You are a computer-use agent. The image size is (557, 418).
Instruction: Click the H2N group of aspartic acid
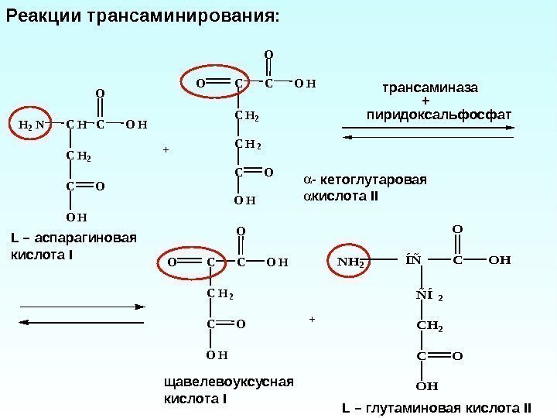coord(31,124)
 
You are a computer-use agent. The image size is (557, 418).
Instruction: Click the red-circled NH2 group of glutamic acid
coord(350,261)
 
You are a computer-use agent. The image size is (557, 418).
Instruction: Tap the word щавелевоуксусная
coord(230,383)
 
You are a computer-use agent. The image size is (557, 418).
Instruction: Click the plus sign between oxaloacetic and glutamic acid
coord(312,318)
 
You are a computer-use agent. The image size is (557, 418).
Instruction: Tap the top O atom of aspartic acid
coord(99,94)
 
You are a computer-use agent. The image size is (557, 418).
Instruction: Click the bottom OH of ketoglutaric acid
coord(244,202)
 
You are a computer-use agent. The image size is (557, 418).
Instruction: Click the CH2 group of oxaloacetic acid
coord(220,293)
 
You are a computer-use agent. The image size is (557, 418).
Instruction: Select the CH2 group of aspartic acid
coord(78,158)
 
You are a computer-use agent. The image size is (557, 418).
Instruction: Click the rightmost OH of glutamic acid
coord(501,261)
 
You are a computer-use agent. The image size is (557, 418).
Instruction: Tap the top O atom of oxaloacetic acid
coord(240,231)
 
